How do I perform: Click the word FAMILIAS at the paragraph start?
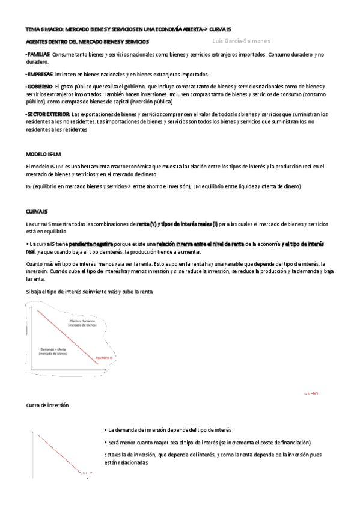tap(38, 54)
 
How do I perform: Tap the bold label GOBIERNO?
tap(40, 87)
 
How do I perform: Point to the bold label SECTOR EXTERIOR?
tap(48, 114)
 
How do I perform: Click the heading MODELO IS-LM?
tap(43, 154)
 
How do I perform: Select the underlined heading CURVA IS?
tap(37, 212)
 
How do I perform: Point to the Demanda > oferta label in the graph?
tap(53, 352)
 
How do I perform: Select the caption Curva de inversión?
tap(47, 405)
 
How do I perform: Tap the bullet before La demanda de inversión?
tap(105, 430)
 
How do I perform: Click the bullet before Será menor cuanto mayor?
tap(105, 442)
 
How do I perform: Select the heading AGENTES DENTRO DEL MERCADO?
tap(87, 42)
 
